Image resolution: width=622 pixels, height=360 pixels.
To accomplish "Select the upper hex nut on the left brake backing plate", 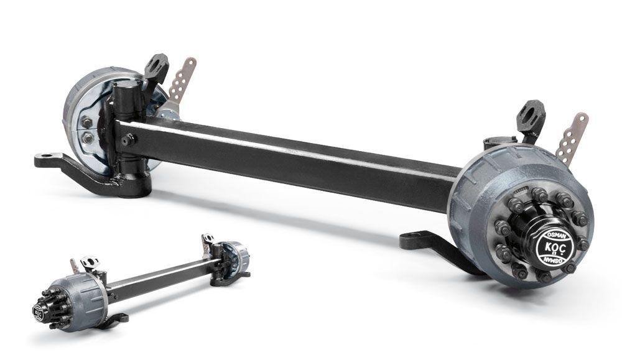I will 87,122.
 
